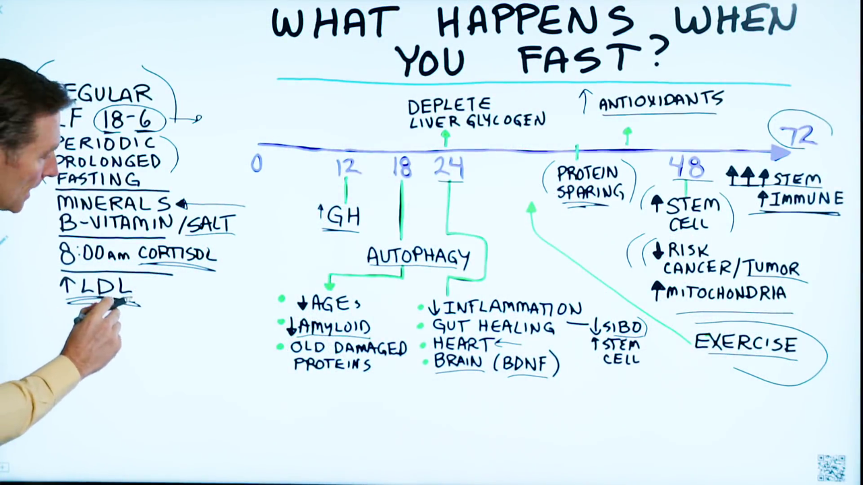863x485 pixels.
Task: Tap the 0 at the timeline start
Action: [x=256, y=164]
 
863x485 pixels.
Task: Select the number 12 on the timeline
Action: [x=347, y=166]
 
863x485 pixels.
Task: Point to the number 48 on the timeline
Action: [x=686, y=166]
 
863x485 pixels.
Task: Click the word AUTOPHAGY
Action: [x=418, y=257]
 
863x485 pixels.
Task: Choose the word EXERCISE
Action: [x=745, y=344]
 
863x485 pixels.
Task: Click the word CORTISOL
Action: [x=177, y=254]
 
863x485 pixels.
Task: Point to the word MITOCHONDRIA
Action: [x=725, y=293]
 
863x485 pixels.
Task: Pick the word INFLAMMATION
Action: [x=512, y=309]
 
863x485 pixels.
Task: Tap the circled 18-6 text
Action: [x=129, y=120]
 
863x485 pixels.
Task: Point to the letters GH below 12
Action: [x=343, y=216]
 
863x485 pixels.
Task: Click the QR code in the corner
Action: [x=831, y=467]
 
